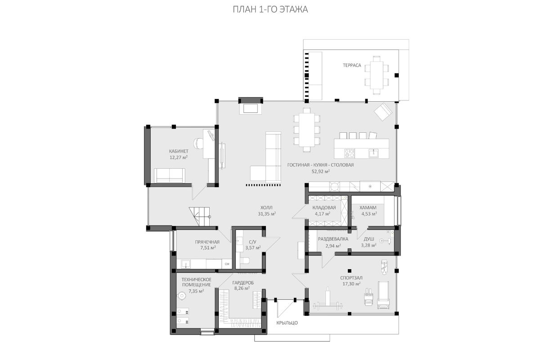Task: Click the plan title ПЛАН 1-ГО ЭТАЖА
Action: pos(270,9)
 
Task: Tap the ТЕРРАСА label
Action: pos(352,65)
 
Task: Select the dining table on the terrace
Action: pos(377,75)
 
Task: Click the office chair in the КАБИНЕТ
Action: pos(198,143)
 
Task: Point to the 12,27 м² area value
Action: pos(179,157)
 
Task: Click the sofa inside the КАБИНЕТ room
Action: pos(170,175)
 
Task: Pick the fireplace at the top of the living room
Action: pos(251,106)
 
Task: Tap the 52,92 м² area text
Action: pos(320,171)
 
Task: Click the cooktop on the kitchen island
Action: pos(350,153)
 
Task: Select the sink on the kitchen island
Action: pos(373,153)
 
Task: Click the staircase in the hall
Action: pos(199,216)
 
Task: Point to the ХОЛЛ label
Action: pos(266,207)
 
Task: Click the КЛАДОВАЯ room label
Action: pos(324,207)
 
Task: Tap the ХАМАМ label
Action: pos(368,207)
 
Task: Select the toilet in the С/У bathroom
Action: pos(245,261)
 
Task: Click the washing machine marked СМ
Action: pos(227,264)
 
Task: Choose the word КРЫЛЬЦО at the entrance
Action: pos(287,323)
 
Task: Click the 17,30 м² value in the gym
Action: pos(351,284)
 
